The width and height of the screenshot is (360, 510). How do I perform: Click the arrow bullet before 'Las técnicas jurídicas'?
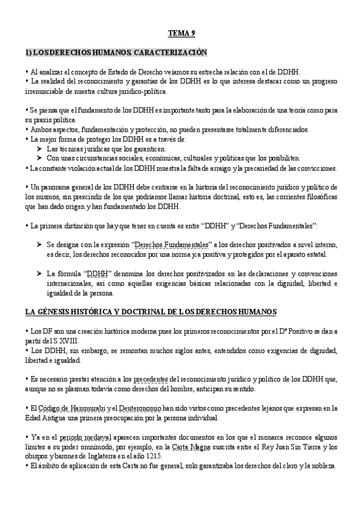(40, 149)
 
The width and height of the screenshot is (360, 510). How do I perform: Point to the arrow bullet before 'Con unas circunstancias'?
(40, 158)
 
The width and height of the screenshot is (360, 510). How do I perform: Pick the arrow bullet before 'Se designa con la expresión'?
(40, 245)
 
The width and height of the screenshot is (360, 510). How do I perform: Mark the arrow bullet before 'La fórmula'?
(40, 272)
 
